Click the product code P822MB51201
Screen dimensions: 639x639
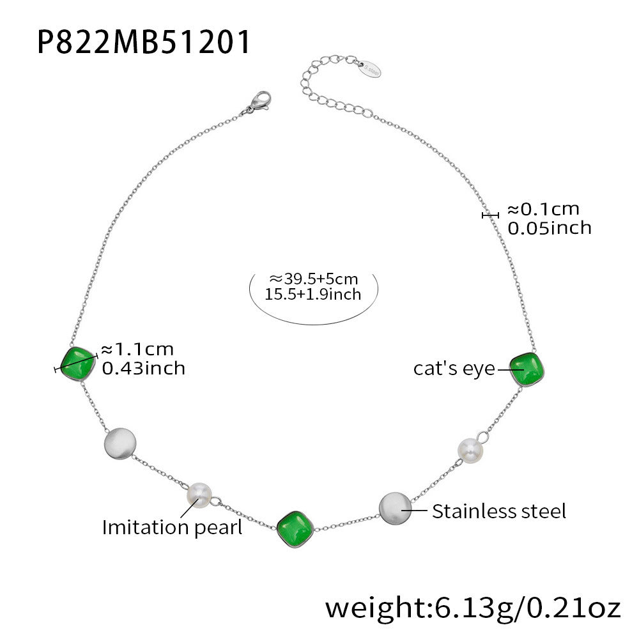143,42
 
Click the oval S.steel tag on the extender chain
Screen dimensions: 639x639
369,69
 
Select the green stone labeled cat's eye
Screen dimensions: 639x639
527,369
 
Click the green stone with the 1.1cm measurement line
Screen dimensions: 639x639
78,364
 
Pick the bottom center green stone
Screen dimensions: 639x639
295,528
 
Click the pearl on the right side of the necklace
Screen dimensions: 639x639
470,450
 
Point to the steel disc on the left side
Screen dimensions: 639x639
120,444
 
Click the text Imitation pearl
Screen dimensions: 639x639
172,528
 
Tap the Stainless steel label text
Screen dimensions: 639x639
499,511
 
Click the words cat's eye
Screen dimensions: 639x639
454,369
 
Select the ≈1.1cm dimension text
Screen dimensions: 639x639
137,350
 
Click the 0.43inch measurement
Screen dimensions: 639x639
143,369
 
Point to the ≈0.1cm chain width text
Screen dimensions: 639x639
543,210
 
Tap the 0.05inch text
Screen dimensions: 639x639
550,228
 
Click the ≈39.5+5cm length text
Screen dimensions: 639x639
313,279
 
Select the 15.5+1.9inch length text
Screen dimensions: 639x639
313,294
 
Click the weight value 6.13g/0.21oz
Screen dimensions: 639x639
527,608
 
